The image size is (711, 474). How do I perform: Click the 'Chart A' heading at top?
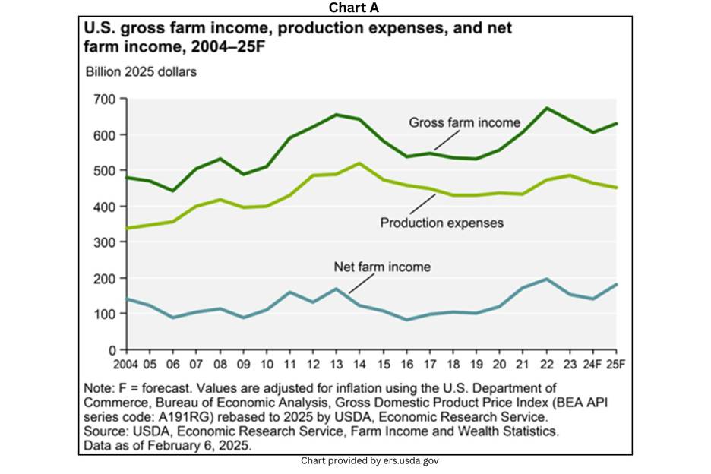tap(354, 8)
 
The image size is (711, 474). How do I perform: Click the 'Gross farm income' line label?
tap(464, 122)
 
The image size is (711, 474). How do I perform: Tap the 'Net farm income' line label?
tap(382, 267)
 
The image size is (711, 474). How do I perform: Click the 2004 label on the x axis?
tap(126, 364)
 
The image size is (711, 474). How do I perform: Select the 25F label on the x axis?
tap(615, 364)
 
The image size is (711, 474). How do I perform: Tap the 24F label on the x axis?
tap(593, 364)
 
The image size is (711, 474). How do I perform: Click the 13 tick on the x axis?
tap(335, 364)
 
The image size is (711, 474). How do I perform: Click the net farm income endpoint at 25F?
tap(616, 284)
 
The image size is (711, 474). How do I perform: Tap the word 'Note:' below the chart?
tap(100, 388)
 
